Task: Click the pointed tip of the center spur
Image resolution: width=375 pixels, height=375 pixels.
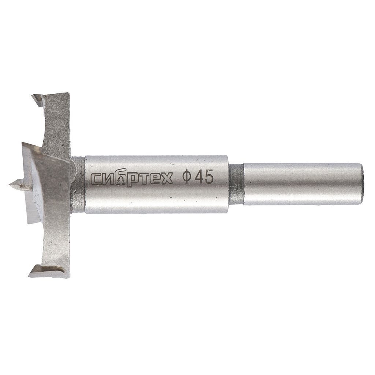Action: coord(10,184)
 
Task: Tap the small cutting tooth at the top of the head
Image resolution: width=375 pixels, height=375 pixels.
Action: coord(37,99)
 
